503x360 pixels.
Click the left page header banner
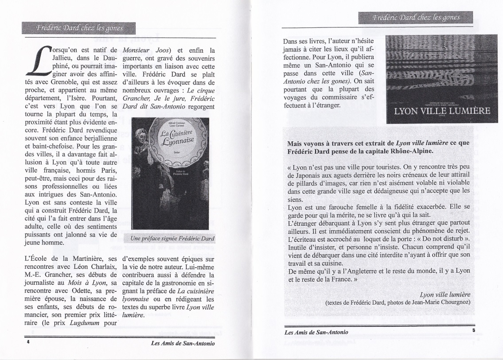coord(79,27)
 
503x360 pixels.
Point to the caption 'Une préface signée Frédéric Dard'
coord(172,238)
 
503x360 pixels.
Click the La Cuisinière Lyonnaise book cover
coord(171,173)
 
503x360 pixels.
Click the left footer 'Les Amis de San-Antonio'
coord(183,343)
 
